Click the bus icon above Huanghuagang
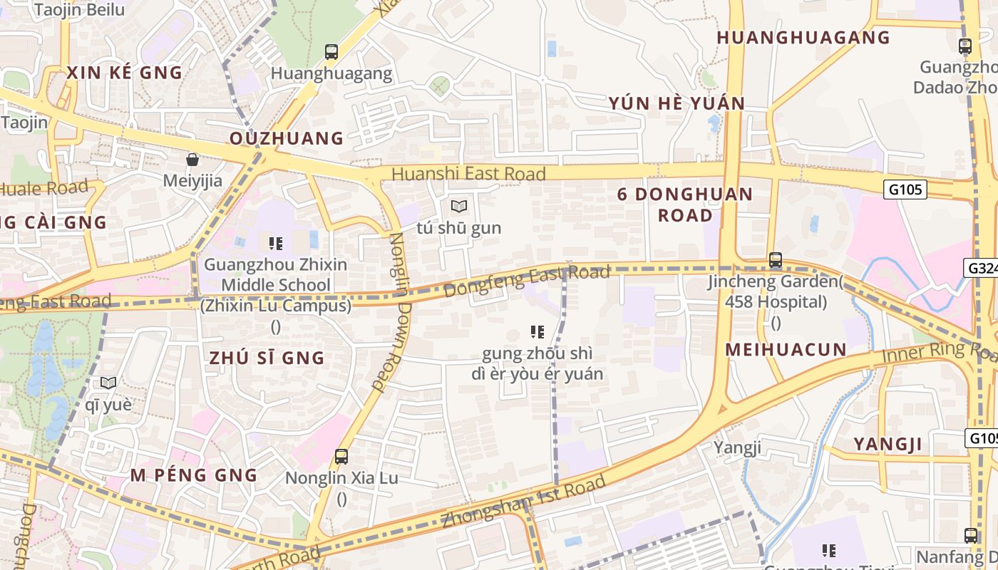[331, 51]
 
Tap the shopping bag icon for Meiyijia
[192, 159]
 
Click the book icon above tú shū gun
[459, 207]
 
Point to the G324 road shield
[982, 268]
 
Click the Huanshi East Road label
[468, 174]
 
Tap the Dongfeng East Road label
[527, 281]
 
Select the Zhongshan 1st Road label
[523, 502]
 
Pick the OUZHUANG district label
[287, 138]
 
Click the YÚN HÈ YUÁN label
[677, 104]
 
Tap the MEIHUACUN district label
[786, 350]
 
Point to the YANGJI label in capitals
[888, 445]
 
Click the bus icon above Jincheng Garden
[776, 260]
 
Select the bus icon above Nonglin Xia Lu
[341, 456]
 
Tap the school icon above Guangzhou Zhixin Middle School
[276, 244]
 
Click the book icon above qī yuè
[108, 383]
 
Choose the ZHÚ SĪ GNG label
[267, 358]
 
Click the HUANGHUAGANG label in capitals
[803, 38]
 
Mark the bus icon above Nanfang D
[971, 535]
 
